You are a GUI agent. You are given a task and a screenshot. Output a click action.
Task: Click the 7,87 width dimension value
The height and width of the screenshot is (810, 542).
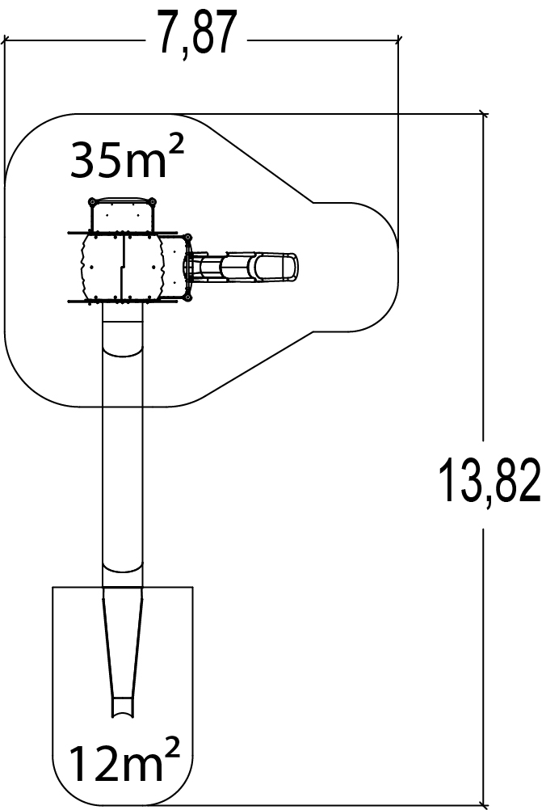click(x=196, y=34)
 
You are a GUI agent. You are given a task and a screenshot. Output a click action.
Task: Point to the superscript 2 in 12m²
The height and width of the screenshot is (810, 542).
click(x=173, y=748)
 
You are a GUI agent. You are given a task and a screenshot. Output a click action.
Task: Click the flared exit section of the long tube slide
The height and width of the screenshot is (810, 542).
click(x=122, y=651)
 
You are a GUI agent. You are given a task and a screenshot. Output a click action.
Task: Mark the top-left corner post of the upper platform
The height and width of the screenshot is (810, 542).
click(x=92, y=201)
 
